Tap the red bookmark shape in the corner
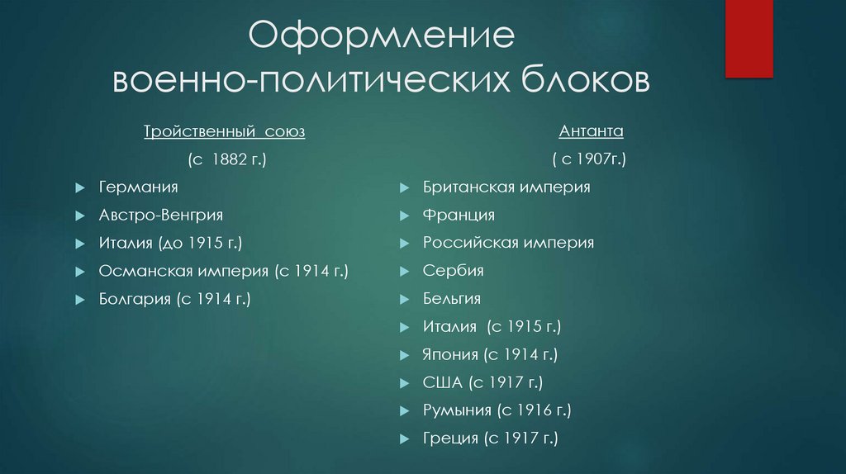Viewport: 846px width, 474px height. [748, 37]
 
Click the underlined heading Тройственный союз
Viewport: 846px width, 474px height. [225, 132]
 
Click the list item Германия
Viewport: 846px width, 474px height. [138, 187]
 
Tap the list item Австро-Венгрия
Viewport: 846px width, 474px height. [160, 215]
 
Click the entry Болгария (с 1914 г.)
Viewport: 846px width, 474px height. [174, 298]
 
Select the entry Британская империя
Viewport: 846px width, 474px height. [506, 187]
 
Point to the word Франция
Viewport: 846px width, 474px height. [459, 215]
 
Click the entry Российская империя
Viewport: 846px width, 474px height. [508, 243]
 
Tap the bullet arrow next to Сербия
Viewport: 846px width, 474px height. [404, 271]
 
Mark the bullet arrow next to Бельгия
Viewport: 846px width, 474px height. [404, 299]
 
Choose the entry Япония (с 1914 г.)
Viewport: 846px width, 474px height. [491, 354]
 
